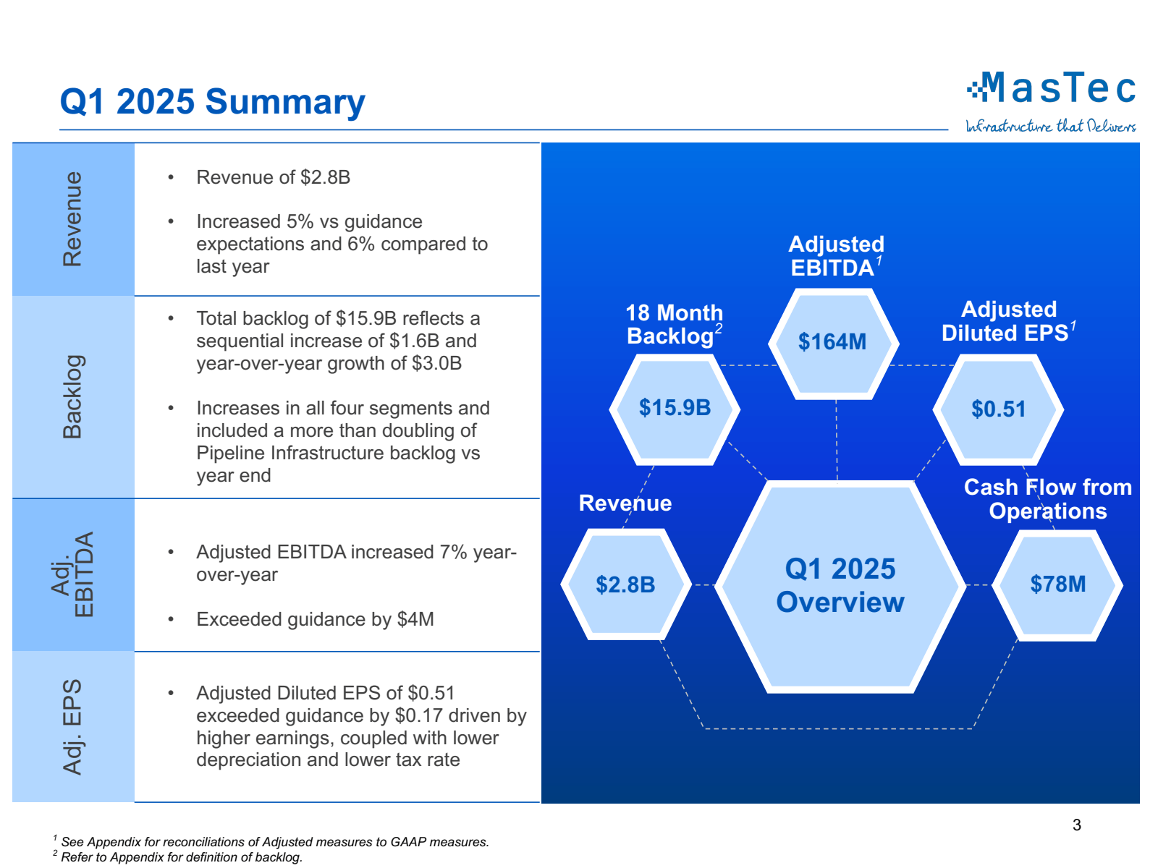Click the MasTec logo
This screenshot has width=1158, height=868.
click(x=1052, y=89)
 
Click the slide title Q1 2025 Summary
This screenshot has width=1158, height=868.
click(x=212, y=102)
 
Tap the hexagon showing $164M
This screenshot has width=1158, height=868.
click(x=832, y=342)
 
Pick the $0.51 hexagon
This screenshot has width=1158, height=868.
click(x=998, y=409)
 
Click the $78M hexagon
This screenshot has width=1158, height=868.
click(x=1057, y=584)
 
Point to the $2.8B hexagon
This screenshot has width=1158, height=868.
click(x=625, y=584)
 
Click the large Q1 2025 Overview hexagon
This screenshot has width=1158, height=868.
click(x=840, y=586)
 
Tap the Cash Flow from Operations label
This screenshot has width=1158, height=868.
click(x=1047, y=499)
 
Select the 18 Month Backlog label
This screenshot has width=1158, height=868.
click(x=674, y=324)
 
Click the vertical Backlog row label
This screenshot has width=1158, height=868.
click(x=73, y=396)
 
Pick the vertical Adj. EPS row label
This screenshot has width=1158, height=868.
click(x=73, y=726)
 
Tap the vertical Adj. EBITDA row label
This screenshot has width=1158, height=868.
click(x=73, y=575)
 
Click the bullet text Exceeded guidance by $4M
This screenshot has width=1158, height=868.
click(x=315, y=619)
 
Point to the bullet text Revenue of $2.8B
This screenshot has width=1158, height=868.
click(x=273, y=177)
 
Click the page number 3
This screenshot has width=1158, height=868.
click(x=1076, y=825)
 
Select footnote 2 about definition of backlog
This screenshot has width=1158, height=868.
click(x=181, y=857)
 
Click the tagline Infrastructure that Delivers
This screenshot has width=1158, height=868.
click(x=1050, y=127)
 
